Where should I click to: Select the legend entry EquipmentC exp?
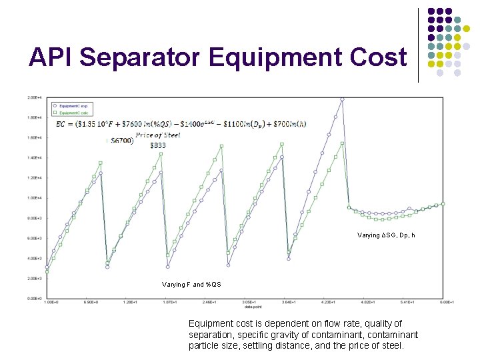coord(73,106)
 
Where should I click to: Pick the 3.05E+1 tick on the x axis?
coord(248,303)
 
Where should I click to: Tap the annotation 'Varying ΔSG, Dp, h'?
coord(386,235)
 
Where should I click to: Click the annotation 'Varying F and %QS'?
coord(191,285)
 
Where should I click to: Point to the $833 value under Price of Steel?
coord(158,145)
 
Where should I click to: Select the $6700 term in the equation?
coord(122,141)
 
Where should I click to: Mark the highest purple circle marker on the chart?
coord(342,99)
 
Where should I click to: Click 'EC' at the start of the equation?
coord(61,123)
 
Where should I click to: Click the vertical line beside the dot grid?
coord(418,45)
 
